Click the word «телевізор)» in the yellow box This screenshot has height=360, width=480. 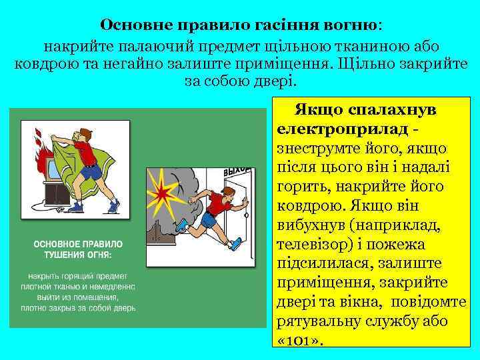[312, 244]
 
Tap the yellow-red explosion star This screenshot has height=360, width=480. [163, 190]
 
